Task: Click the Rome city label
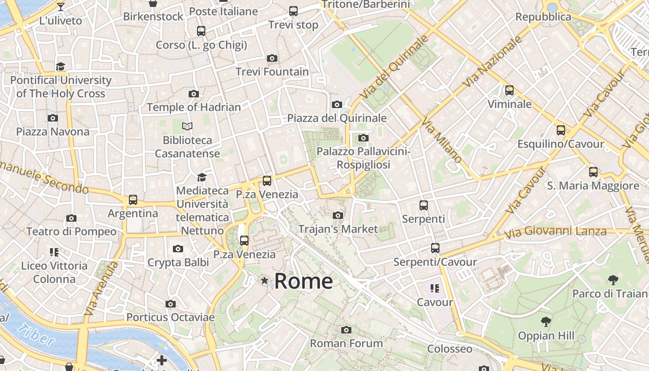[x=303, y=281]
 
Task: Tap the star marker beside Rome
[x=264, y=280]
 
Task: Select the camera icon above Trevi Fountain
[x=272, y=58]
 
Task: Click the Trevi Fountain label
[x=272, y=72]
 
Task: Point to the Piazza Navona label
[x=53, y=132]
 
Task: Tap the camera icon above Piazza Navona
[x=53, y=118]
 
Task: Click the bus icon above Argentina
[x=133, y=200]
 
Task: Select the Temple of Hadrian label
[x=194, y=108]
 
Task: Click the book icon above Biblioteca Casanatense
[x=187, y=126]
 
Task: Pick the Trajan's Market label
[x=338, y=229]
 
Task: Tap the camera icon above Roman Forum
[x=346, y=330]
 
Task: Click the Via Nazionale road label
[x=492, y=62]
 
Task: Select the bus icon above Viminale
[x=509, y=90]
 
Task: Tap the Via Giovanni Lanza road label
[x=555, y=232]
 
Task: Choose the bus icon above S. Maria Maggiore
[x=593, y=172]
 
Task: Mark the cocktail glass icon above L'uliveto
[x=61, y=7]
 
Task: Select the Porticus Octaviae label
[x=171, y=318]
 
